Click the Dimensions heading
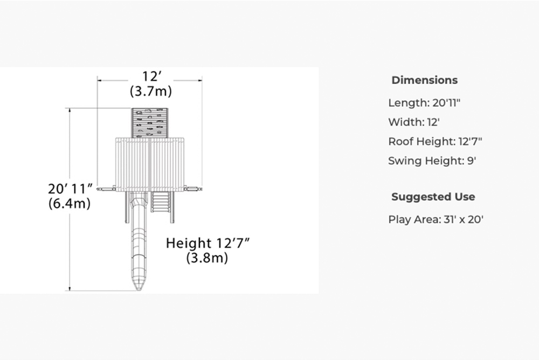(x=425, y=80)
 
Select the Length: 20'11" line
(x=424, y=103)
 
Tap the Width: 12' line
(x=414, y=122)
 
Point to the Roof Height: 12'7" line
(x=435, y=141)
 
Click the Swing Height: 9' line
(x=432, y=161)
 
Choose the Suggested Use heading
(x=433, y=197)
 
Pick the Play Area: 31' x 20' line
(x=436, y=219)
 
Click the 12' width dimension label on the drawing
(x=152, y=77)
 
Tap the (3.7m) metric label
(x=151, y=91)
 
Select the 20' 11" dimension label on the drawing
(x=71, y=189)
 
